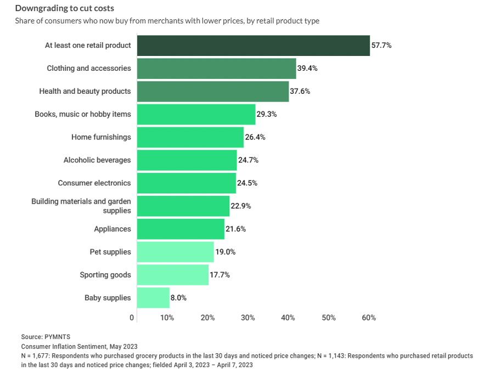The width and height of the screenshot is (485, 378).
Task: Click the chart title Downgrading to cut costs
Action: point(65,8)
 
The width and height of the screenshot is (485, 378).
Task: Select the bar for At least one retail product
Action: point(253,46)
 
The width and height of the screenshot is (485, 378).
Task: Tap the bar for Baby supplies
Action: point(153,298)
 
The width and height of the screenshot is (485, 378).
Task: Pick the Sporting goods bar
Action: point(172,275)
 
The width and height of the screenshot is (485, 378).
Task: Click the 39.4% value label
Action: point(308,69)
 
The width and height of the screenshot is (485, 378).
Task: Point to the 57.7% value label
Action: point(381,46)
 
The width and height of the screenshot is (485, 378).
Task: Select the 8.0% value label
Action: point(179,298)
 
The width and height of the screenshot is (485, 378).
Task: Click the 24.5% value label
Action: point(247,183)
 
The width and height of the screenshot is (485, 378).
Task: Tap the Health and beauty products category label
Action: point(85,91)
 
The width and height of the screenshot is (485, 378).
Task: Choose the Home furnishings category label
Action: point(101,137)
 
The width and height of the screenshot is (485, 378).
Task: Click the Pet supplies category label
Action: point(110,252)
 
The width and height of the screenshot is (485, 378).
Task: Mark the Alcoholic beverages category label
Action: point(97,160)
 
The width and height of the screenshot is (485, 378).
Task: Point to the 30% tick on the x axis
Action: point(248,318)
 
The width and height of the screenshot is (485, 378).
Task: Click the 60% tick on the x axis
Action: point(369,318)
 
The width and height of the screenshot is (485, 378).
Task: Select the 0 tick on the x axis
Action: point(132,318)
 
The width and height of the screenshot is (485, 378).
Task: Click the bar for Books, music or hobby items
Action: point(196,114)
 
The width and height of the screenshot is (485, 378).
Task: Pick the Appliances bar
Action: point(181,229)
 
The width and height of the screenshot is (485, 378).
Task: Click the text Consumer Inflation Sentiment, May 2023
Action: point(79,346)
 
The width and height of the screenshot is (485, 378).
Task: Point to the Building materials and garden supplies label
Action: point(81,206)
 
